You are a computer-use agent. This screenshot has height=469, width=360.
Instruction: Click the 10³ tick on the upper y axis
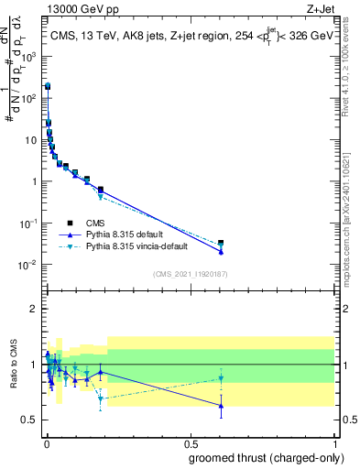click(31, 56)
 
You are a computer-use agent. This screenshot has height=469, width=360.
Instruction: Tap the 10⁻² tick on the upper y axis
click(30, 265)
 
